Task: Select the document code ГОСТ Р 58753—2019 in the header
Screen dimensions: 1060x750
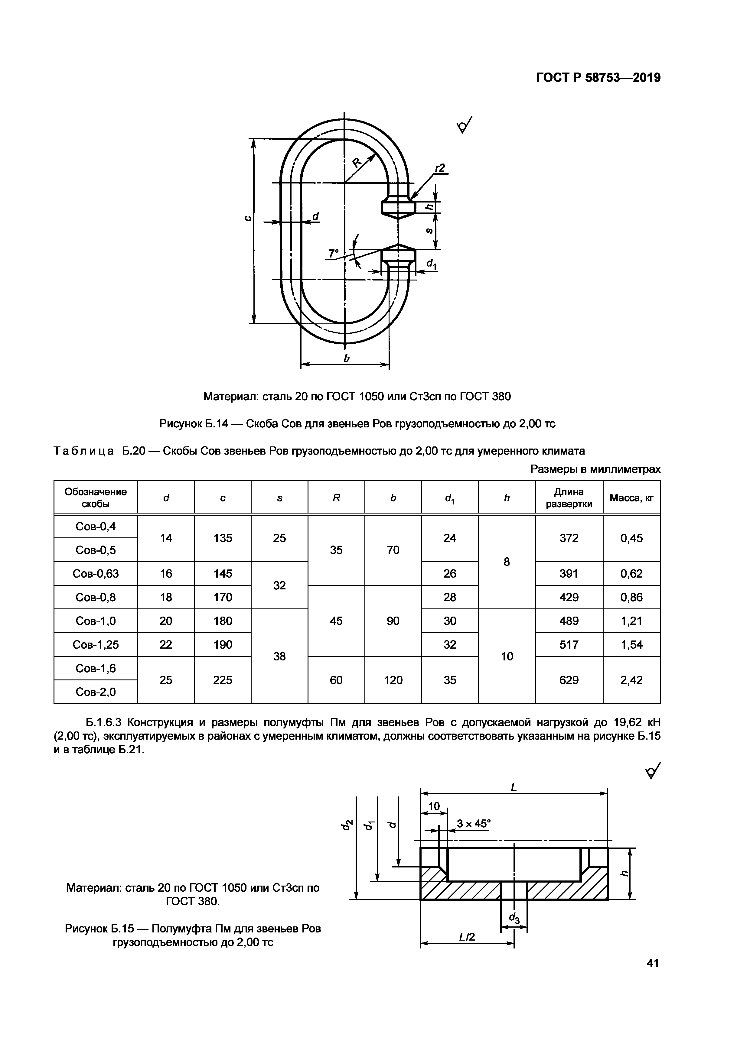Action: coord(598,78)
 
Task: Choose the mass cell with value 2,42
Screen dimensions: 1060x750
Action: coord(631,680)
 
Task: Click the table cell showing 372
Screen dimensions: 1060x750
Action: coord(569,538)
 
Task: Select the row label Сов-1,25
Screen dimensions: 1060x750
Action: coord(96,644)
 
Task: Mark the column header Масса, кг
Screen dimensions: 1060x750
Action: coord(631,498)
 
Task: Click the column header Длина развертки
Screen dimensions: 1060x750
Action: coord(569,498)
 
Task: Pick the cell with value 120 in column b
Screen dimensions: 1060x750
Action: coord(393,680)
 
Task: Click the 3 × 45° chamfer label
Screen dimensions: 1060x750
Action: coord(473,823)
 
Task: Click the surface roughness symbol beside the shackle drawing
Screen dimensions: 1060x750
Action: coord(465,125)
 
